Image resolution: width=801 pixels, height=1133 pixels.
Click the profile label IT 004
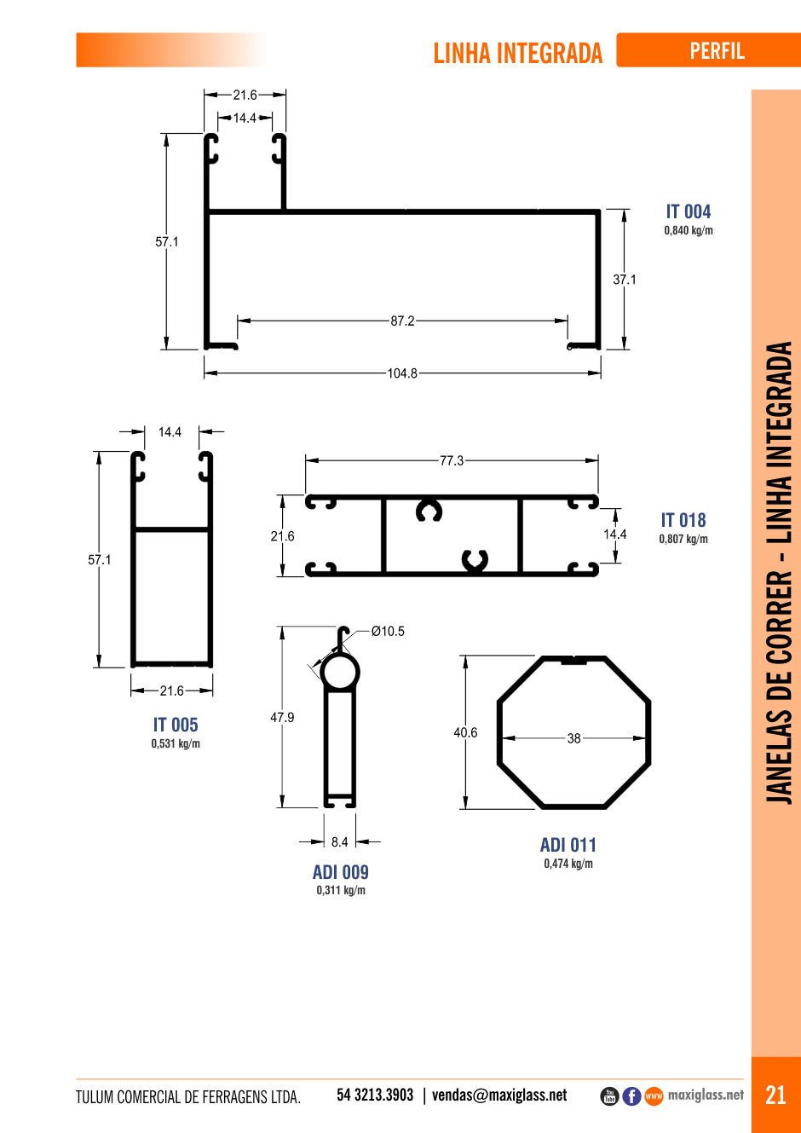click(x=689, y=211)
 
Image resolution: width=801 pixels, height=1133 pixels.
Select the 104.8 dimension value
click(x=402, y=373)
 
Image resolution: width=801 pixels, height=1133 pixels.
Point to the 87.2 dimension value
click(x=402, y=321)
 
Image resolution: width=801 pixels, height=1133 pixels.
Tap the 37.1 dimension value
click(x=625, y=280)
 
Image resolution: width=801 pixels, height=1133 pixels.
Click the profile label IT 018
click(x=683, y=520)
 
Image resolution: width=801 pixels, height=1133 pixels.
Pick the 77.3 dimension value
click(x=452, y=460)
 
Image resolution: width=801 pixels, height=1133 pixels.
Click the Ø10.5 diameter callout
click(x=388, y=631)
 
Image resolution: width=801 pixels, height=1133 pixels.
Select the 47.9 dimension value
click(x=282, y=717)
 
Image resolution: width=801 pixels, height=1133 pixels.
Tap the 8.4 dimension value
click(x=339, y=841)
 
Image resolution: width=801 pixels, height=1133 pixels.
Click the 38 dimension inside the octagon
click(x=573, y=738)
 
